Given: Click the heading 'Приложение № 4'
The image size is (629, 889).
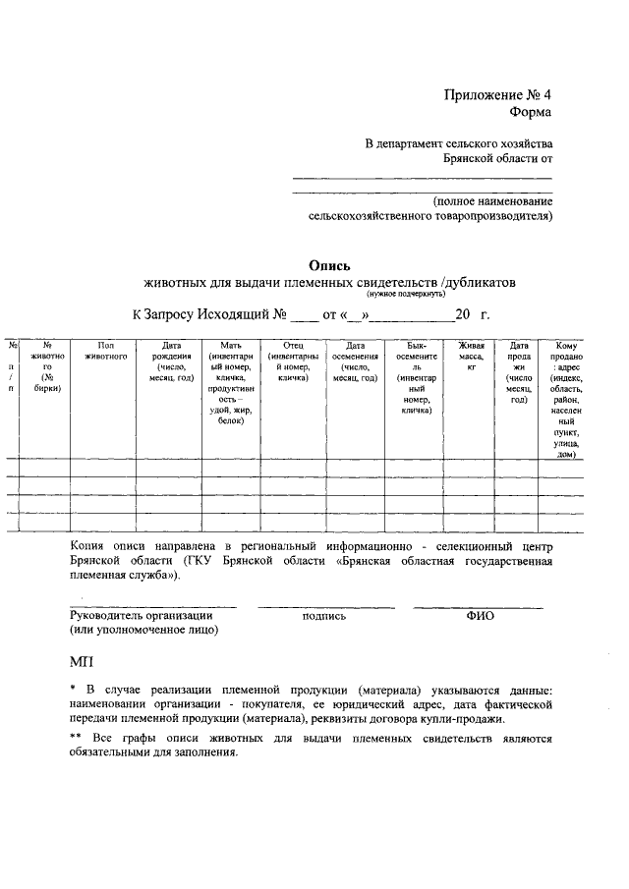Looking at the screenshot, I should pyautogui.click(x=498, y=95).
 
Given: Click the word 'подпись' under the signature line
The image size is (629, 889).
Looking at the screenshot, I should pyautogui.click(x=324, y=616).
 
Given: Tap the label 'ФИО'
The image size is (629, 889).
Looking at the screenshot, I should pyautogui.click(x=480, y=616).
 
